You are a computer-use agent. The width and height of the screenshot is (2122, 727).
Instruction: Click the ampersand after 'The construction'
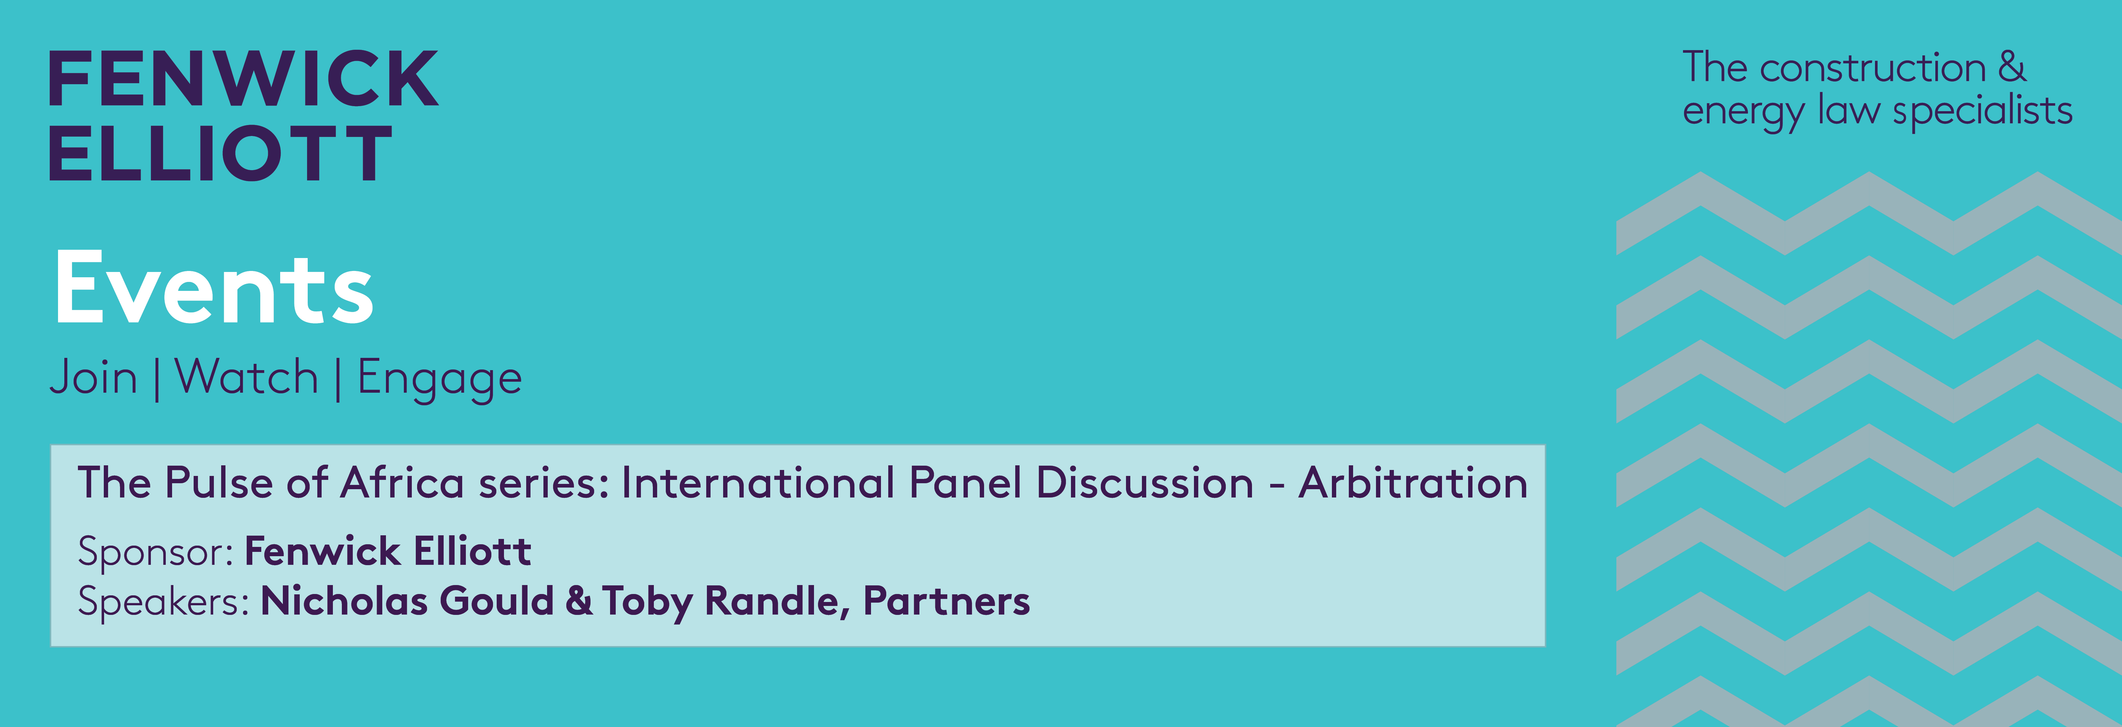click(x=2012, y=67)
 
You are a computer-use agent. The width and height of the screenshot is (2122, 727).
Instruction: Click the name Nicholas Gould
click(x=407, y=601)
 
